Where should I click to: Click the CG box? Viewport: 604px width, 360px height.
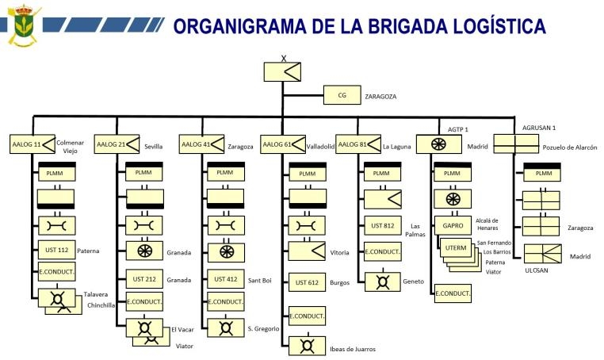(x=342, y=96)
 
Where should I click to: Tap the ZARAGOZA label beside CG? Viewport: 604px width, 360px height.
(x=380, y=97)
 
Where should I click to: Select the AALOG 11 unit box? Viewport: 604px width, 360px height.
(x=31, y=145)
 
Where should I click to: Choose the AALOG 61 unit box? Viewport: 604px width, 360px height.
(x=282, y=145)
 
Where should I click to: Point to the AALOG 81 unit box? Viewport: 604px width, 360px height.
(x=357, y=145)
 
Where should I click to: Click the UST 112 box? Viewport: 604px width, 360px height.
(x=56, y=250)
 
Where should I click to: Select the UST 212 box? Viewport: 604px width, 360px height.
(x=143, y=279)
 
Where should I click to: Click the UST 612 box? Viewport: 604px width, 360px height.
(x=308, y=281)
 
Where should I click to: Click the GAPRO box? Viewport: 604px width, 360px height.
(x=453, y=225)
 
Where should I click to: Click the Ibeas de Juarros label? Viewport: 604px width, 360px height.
(x=353, y=349)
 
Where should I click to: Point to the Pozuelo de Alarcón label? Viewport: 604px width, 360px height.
(x=570, y=147)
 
